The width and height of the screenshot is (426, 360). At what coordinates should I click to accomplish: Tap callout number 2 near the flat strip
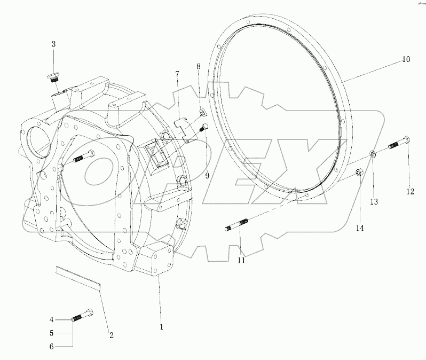tap(112, 335)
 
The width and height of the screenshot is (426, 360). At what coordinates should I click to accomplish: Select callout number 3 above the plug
tap(53, 44)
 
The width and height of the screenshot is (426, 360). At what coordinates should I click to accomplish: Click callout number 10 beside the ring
tap(406, 59)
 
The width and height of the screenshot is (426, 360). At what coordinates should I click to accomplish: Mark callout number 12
tap(411, 191)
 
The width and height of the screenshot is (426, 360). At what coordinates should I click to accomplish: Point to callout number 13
tap(374, 201)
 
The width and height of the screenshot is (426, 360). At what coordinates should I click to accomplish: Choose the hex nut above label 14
tap(360, 172)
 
